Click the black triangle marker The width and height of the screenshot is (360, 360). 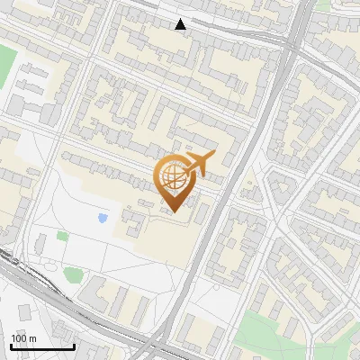(x=181, y=24)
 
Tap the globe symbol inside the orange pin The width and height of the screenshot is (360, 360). (x=174, y=178)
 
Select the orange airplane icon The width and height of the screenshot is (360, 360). (x=199, y=164)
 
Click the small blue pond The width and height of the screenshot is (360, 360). (x=103, y=218)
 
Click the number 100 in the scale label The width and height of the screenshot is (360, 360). (x=19, y=338)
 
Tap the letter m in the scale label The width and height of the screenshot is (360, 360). (x=33, y=338)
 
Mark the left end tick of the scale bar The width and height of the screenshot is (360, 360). (x=12, y=346)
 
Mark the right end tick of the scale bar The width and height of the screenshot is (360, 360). (x=74, y=346)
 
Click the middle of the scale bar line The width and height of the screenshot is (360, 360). (x=42, y=347)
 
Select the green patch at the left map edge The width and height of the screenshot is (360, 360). (x=6, y=63)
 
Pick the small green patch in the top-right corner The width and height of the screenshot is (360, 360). (x=322, y=4)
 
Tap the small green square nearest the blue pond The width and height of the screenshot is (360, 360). (x=62, y=236)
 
